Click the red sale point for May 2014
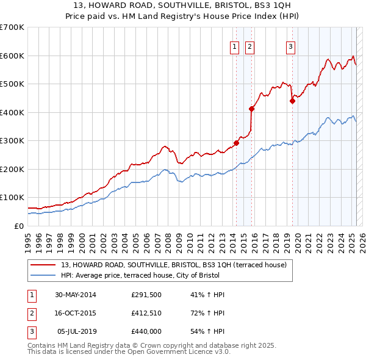tap(236, 143)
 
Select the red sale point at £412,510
tap(251, 109)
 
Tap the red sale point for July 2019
tap(292, 101)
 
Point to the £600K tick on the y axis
tap(12, 56)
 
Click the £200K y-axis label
tap(12, 169)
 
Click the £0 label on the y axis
tap(18, 226)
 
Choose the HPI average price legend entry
tap(159, 275)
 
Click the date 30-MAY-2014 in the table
tap(76, 295)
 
